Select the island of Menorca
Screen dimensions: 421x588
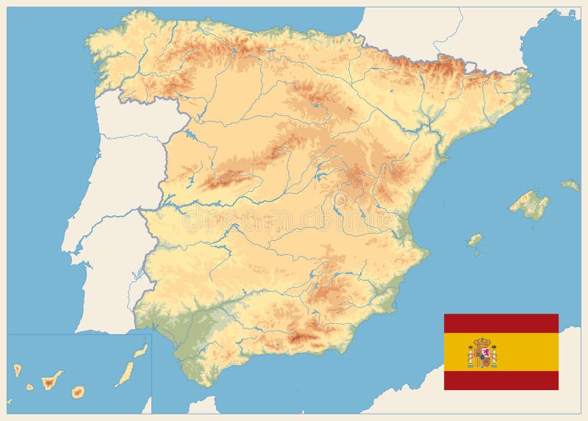pos(570,185)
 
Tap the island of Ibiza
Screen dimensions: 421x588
pos(476,240)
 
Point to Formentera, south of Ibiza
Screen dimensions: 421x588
pos(478,253)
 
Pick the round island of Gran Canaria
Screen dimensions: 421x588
pos(77,392)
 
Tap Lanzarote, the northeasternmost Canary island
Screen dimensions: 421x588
pos(140,351)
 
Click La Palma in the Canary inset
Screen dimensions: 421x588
pos(17,370)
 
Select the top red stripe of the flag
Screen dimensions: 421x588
pos(501,323)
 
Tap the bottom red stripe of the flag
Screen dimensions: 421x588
pos(501,381)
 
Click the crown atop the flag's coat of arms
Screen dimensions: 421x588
pos(482,342)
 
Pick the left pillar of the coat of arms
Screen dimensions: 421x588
pos(470,356)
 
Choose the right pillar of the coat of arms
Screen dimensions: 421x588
pos(494,356)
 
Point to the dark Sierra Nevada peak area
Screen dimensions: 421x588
pos(301,338)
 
